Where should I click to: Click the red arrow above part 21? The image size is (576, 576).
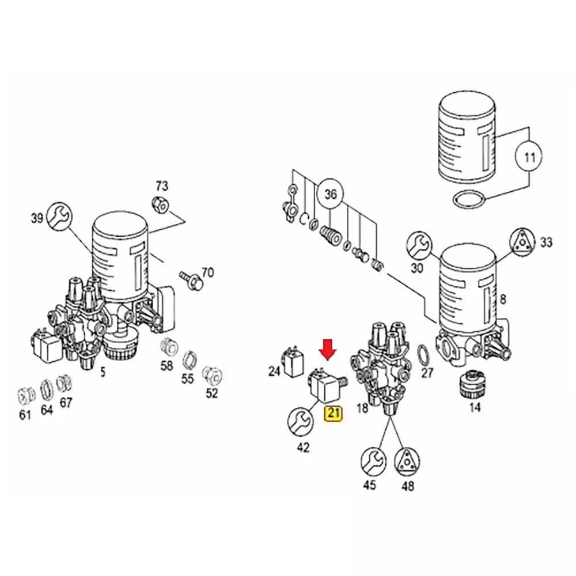[x=328, y=350]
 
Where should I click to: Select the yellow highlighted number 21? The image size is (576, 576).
[x=333, y=413]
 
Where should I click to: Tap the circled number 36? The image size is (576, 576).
[x=330, y=194]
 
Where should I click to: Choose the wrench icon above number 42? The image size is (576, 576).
[x=301, y=422]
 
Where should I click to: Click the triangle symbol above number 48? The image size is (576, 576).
[x=407, y=461]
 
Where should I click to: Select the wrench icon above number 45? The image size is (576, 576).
[x=374, y=461]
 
